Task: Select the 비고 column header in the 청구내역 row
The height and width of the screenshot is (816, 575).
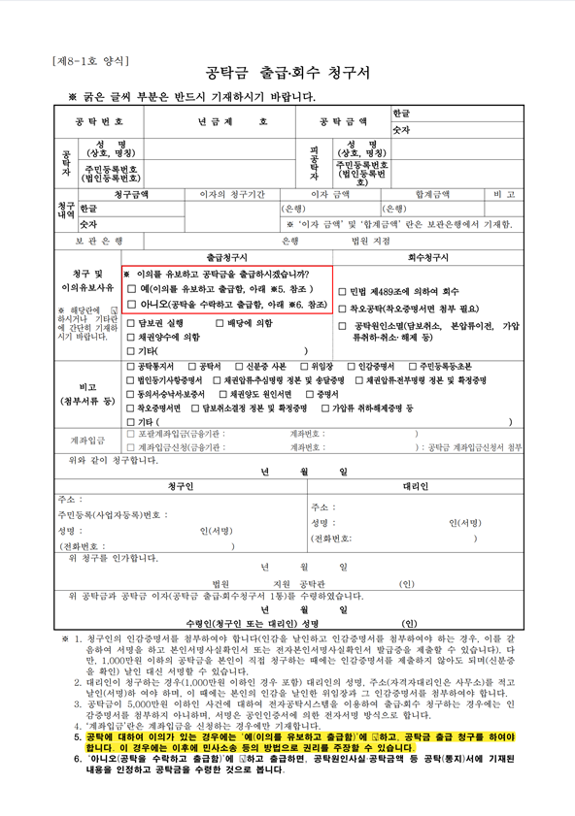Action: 504,194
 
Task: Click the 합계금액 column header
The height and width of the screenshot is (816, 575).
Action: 432,194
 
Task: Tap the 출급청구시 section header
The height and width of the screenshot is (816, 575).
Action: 226,257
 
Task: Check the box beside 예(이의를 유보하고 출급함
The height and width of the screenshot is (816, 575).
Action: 131,289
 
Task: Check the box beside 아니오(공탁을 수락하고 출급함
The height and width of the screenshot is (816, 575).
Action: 131,304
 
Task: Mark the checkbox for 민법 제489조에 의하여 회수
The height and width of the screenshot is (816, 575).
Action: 342,291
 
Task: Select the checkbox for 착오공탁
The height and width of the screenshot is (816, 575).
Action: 342,309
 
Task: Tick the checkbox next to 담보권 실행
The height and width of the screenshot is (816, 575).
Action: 131,323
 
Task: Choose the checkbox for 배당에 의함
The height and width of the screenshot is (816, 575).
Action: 220,323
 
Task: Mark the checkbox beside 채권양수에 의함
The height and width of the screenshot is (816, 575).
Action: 131,337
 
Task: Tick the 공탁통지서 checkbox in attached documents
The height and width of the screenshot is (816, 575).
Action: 131,367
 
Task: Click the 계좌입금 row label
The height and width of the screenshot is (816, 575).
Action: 86,440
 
